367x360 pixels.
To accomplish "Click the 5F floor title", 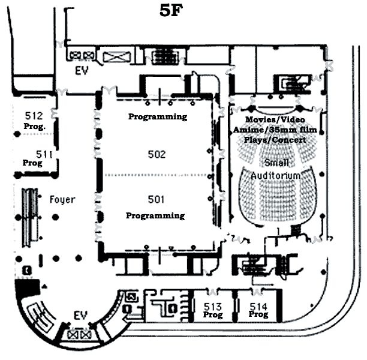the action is pos(171,11).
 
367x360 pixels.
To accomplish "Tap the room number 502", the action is pos(157,154).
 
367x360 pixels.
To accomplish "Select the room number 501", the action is pos(156,199).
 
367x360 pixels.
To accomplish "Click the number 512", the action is pos(34,116).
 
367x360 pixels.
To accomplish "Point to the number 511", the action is pos(44,154).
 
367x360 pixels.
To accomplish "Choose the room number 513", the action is pos(212,307).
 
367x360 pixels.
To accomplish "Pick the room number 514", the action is pos(258,307).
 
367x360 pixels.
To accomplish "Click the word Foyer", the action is pos(62,200).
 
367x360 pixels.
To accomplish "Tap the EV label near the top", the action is pos(82,71).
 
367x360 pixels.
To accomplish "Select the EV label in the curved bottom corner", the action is pos(81,315).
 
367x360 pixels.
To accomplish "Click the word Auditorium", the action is pos(276,175).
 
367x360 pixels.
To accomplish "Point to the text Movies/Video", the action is pos(275,119).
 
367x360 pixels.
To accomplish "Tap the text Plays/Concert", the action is pos(275,140).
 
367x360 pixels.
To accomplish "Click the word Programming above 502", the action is pos(158,116).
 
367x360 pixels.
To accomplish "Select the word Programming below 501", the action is pos(155,216).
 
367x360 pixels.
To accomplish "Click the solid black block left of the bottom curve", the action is pos(27,287).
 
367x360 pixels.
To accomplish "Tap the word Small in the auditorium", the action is pos(276,163).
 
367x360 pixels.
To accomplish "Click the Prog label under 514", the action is pos(258,314).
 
